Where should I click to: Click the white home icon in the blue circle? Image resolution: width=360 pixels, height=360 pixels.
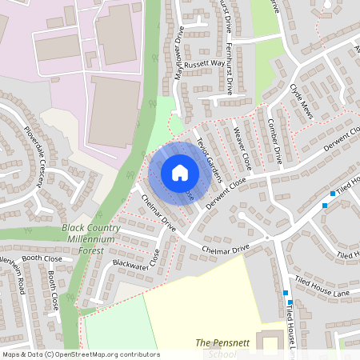coord(180,172)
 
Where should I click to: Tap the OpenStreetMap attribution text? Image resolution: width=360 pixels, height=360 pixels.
coord(80,354)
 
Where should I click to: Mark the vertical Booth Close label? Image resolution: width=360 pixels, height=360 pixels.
coord(54,290)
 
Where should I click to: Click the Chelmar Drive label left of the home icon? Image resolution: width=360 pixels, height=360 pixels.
coord(158,214)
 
